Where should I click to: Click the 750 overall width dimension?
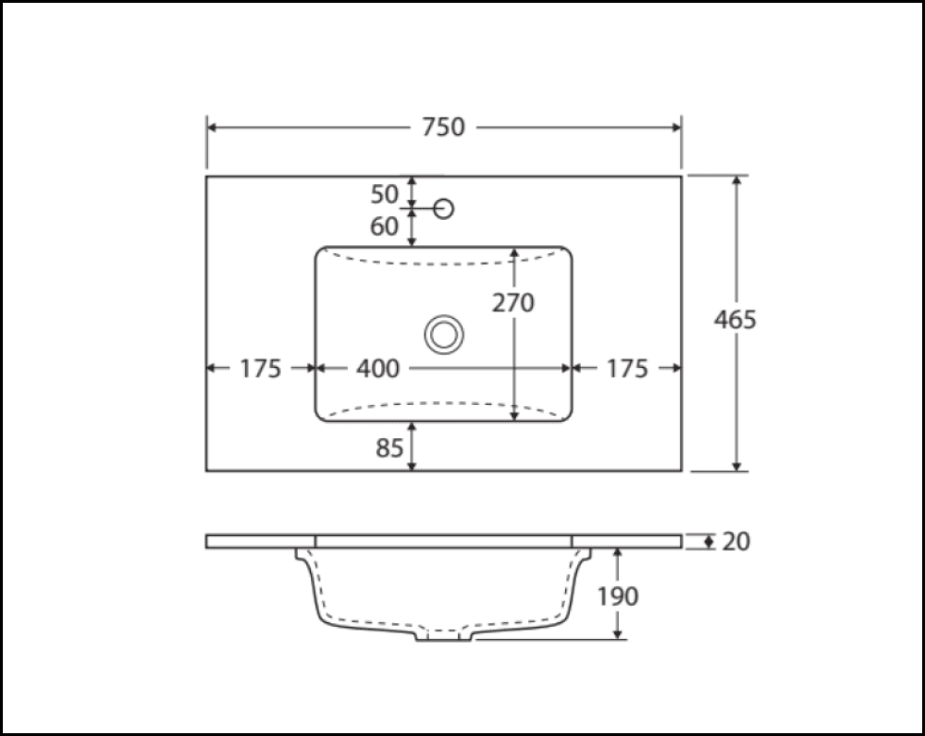(x=443, y=128)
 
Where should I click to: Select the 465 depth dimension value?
(x=735, y=320)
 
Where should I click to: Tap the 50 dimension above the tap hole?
(x=385, y=194)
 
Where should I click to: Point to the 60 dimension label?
(x=385, y=226)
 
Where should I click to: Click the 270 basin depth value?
(x=513, y=302)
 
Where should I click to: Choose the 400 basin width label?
(x=378, y=369)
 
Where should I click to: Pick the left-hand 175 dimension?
(x=260, y=369)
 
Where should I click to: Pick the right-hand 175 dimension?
(x=628, y=369)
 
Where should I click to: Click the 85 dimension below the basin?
(x=389, y=448)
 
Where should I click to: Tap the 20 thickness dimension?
(x=736, y=542)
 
